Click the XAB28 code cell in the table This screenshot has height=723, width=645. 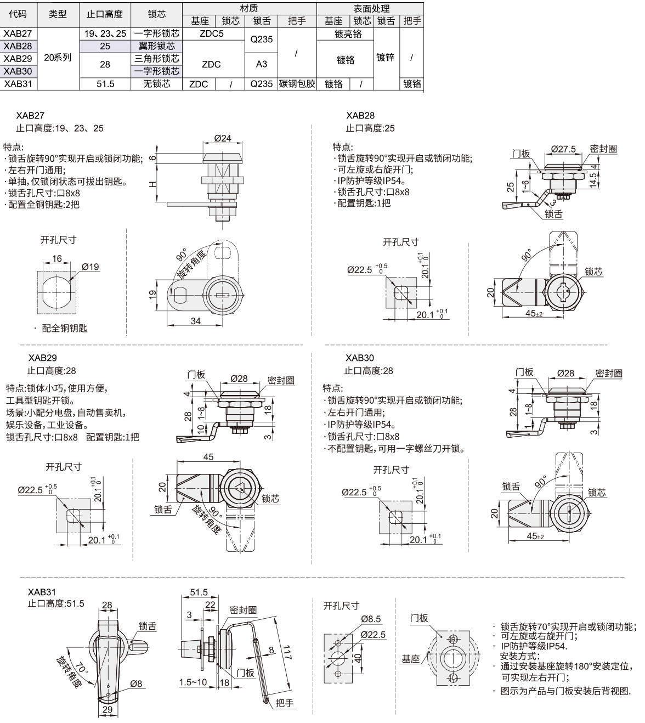click(x=18, y=46)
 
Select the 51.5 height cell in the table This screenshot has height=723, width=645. click(x=105, y=84)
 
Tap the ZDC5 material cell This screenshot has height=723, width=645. click(x=212, y=33)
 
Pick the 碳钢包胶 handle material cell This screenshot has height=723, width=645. click(x=297, y=84)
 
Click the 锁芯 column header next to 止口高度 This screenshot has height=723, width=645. click(x=157, y=14)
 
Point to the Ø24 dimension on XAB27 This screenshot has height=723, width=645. click(x=223, y=138)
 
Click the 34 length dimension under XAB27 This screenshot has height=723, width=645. click(x=195, y=321)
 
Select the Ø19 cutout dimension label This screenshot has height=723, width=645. click(x=90, y=267)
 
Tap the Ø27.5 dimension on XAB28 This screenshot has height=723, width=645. click(x=563, y=149)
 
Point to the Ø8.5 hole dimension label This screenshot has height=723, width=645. click(x=371, y=619)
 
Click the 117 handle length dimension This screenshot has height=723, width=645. click(x=287, y=652)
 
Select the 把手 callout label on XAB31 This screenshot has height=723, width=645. click(x=285, y=703)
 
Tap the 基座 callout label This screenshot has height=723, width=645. click(x=411, y=659)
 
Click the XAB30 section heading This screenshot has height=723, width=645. click(x=360, y=358)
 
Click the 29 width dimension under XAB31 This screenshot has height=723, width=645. click(x=107, y=709)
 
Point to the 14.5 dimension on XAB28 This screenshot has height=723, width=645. click(x=593, y=180)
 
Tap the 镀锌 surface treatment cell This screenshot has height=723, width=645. click(x=385, y=57)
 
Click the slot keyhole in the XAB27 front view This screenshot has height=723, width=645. click(x=223, y=295)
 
